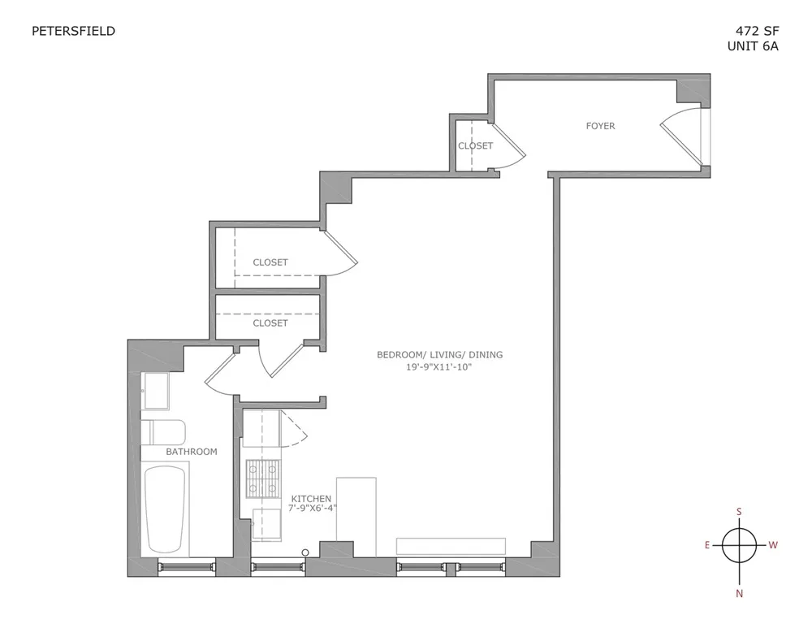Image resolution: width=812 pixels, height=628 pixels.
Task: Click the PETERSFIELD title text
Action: (73, 32)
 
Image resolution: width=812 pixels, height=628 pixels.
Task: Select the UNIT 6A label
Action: (753, 47)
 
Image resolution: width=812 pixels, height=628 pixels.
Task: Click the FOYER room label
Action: (600, 126)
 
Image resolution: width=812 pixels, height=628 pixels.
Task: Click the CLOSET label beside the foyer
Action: (475, 146)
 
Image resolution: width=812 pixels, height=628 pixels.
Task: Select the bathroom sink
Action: (155, 390)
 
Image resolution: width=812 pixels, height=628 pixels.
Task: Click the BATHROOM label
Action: (192, 452)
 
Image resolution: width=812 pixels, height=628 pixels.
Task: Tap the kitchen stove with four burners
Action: (262, 478)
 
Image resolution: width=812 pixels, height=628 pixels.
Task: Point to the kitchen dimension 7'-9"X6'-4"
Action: (314, 509)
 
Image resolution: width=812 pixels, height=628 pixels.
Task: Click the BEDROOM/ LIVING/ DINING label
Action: (439, 355)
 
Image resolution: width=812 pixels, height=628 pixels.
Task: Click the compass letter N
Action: (739, 593)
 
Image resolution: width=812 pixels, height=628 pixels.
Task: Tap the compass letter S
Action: (739, 512)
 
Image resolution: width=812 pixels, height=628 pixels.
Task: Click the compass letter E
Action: (707, 545)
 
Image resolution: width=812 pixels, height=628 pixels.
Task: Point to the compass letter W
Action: (772, 545)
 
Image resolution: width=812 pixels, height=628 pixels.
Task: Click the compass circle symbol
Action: (739, 545)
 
